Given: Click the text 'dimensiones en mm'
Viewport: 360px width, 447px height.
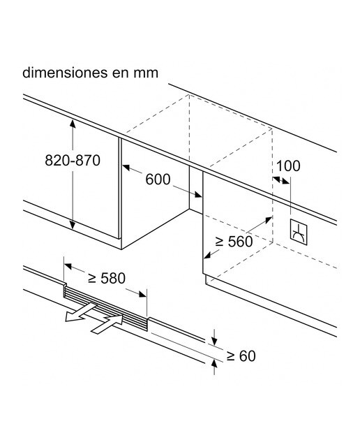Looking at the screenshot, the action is tap(90, 73).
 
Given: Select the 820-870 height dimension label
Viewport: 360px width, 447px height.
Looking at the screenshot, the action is tap(73, 160).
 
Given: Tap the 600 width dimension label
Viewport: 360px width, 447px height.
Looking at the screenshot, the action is tap(158, 179).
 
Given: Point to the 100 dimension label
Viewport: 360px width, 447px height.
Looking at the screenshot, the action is tap(288, 166).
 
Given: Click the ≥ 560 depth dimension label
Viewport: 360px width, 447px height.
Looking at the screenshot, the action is tap(234, 242).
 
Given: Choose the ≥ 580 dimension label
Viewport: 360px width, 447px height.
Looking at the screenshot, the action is tap(107, 278).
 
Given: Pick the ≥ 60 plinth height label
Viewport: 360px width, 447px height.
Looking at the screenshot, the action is tap(241, 356).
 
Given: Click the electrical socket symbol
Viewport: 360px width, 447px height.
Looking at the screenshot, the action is tap(299, 232).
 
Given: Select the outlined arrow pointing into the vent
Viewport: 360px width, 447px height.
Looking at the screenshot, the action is tap(107, 324).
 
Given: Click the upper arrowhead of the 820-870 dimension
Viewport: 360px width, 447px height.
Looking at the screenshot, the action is tap(73, 124).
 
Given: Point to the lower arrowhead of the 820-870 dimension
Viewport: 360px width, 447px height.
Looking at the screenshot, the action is tap(73, 225).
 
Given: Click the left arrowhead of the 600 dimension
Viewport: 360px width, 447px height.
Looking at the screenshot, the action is tap(126, 168).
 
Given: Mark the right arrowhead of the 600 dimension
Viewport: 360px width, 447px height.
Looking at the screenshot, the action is tap(198, 194).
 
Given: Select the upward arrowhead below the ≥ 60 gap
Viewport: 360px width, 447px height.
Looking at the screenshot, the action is tap(214, 364).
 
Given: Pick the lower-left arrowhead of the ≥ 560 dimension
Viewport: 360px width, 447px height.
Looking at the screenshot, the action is tap(208, 255).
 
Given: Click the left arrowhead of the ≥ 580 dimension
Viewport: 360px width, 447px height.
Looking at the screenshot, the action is tap(68, 266).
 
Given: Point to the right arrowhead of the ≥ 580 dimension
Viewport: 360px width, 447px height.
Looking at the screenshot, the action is tap(142, 294).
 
